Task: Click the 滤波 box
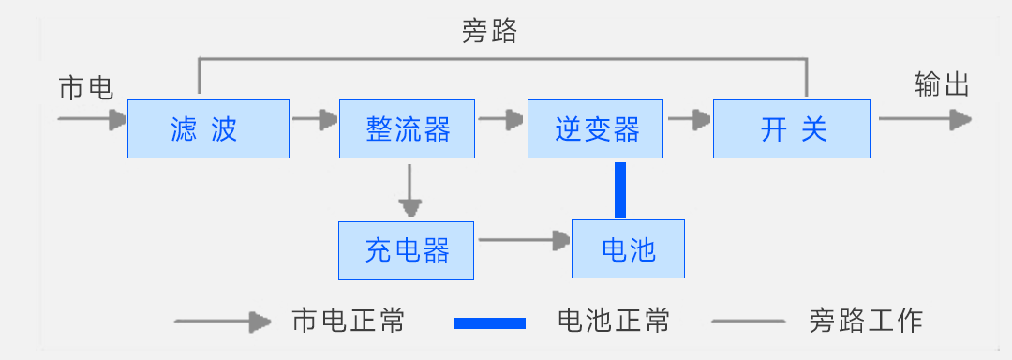click(208, 127)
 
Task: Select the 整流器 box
click(408, 127)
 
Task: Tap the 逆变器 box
click(596, 127)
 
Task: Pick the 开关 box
click(793, 127)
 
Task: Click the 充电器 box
click(407, 249)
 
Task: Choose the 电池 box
click(628, 249)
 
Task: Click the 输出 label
click(941, 85)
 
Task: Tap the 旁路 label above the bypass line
click(489, 33)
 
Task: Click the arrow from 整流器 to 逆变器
click(501, 119)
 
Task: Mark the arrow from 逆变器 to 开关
click(689, 119)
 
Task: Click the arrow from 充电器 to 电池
click(524, 240)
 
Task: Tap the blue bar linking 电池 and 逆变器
click(619, 189)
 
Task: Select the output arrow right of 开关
click(924, 119)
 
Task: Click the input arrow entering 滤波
click(92, 119)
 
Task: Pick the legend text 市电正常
click(349, 321)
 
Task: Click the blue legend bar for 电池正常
click(490, 322)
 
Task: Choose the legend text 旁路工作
click(865, 321)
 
